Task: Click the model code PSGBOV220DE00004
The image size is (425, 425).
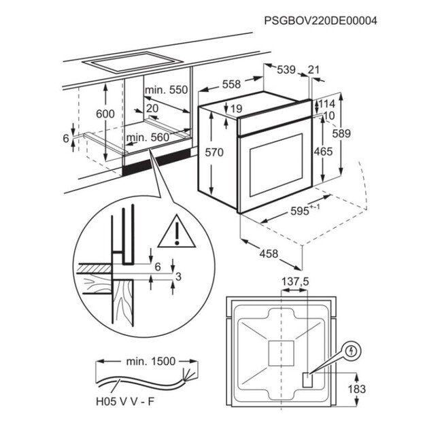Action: (320, 21)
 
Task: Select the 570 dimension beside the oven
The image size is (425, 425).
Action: (214, 153)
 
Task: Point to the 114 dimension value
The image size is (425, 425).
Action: (328, 104)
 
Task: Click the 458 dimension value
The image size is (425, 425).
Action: (269, 254)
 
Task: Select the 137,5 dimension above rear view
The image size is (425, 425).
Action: (295, 281)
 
